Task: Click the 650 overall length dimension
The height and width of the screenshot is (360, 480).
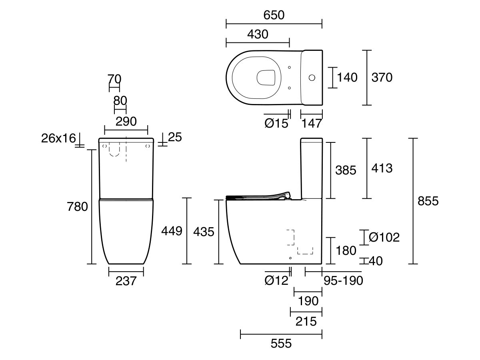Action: coord(274,15)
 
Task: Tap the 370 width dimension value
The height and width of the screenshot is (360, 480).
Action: coord(382,77)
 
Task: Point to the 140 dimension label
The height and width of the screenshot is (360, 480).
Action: coord(347,77)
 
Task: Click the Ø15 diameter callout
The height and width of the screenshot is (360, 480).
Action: coord(276,123)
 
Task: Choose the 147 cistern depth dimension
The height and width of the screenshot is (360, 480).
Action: coord(311,123)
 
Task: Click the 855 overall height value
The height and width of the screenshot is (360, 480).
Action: coord(428,201)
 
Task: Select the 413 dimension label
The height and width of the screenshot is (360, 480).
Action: coord(382,168)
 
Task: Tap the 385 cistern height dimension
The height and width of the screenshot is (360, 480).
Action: coord(346,170)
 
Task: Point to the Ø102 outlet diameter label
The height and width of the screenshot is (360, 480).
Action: coord(384,237)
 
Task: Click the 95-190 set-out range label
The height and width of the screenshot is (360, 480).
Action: coord(343,281)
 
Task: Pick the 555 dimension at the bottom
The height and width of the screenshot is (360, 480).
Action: coord(281,343)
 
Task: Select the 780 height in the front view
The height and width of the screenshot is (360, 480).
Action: coord(78,207)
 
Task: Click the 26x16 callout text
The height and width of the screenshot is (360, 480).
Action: coord(58,138)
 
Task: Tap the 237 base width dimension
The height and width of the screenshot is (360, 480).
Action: coord(126,281)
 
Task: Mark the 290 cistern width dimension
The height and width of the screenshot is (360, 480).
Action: coord(126,121)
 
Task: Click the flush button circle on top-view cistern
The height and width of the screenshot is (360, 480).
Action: coord(312,77)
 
